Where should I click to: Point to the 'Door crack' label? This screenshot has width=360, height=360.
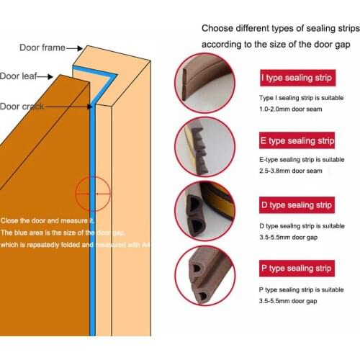(x=22, y=107)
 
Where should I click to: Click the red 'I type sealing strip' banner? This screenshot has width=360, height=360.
(x=297, y=78)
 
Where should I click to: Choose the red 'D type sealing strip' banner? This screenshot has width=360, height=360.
(x=297, y=205)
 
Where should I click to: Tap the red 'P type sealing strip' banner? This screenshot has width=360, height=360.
(x=297, y=269)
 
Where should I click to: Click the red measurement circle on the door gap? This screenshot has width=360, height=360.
(x=93, y=194)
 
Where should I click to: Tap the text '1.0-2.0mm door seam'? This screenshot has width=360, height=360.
(x=292, y=109)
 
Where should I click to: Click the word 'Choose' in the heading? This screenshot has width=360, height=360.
(x=217, y=29)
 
